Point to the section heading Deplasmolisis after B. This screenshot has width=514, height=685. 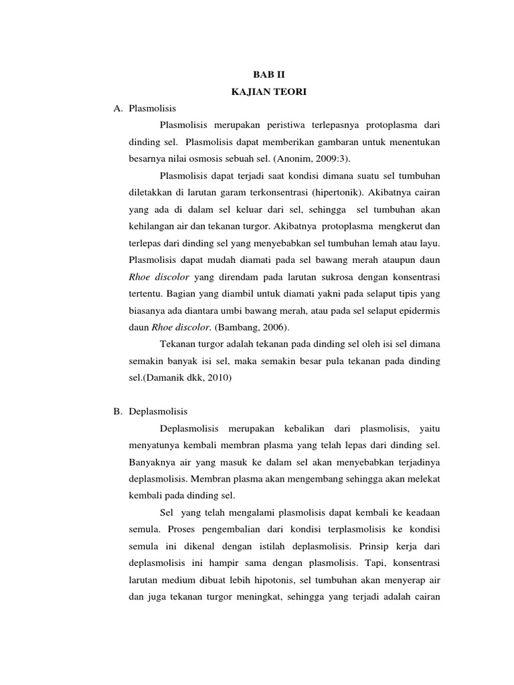pyautogui.click(x=159, y=410)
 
